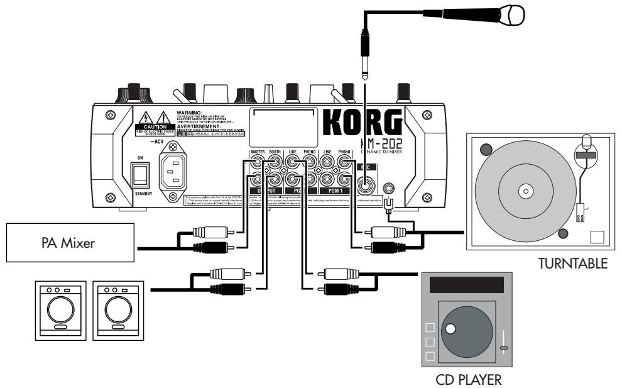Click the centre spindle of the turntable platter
521,189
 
